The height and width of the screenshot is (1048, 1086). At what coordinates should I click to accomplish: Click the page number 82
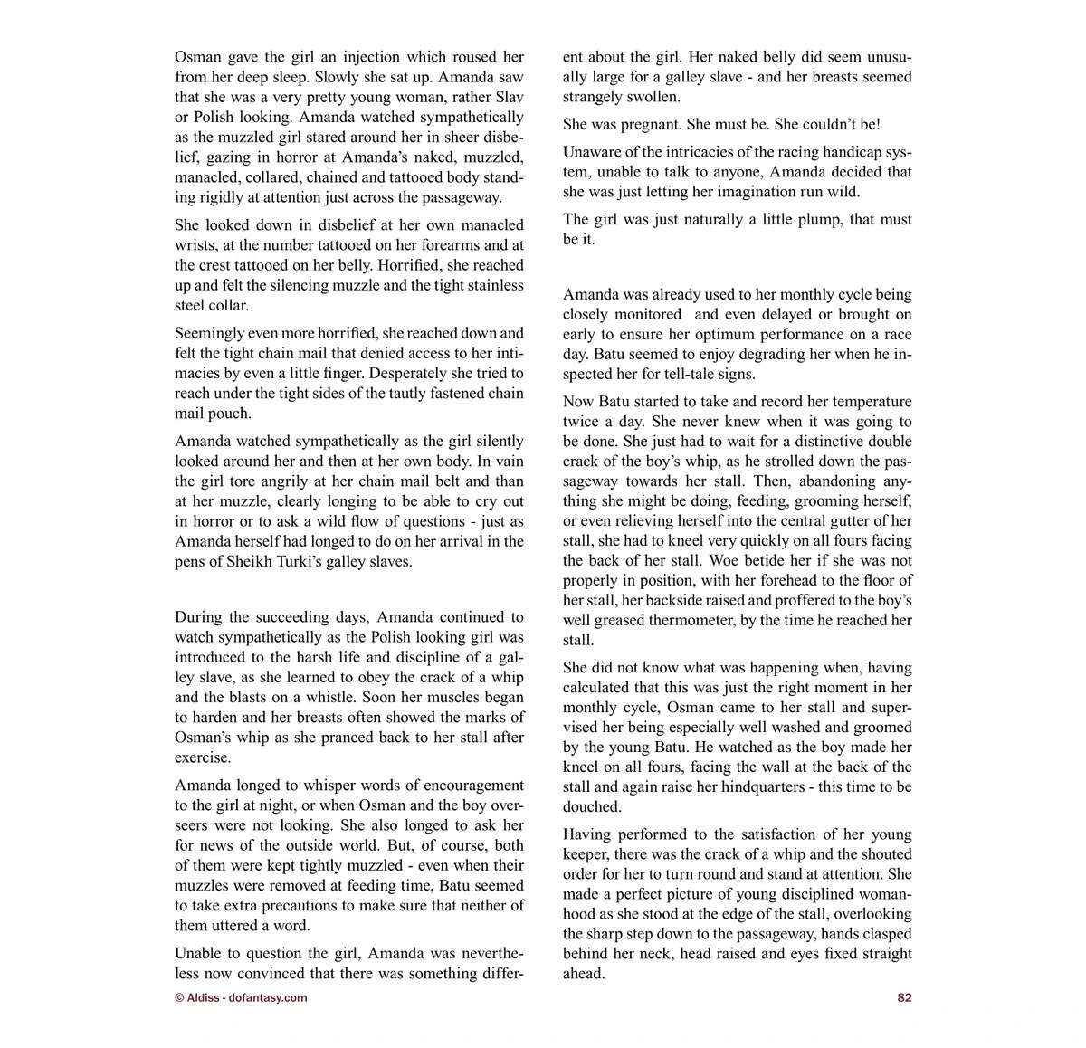pos(904,998)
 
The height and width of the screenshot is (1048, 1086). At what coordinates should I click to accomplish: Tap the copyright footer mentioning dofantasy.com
pos(241,998)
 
